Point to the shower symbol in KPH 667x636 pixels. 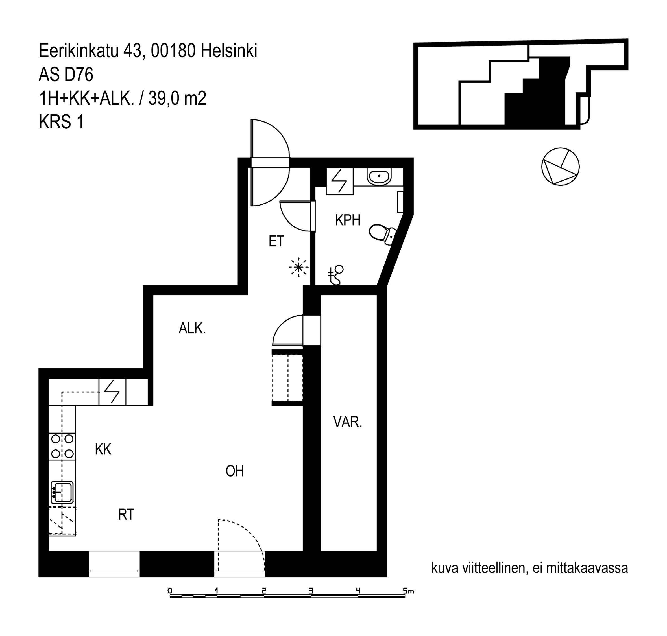[x=336, y=275]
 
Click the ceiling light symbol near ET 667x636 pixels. [x=298, y=268]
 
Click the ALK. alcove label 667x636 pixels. [x=192, y=328]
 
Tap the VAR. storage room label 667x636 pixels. [x=348, y=422]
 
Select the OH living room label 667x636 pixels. [x=235, y=471]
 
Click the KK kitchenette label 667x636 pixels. [x=103, y=449]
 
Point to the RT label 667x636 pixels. [x=126, y=515]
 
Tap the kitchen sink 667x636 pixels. [x=62, y=493]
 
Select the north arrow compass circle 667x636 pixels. [x=560, y=167]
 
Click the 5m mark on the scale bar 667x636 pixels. [x=408, y=591]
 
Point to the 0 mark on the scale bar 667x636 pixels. [x=170, y=591]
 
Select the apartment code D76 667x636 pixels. [x=79, y=75]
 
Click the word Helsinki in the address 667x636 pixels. [x=229, y=51]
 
